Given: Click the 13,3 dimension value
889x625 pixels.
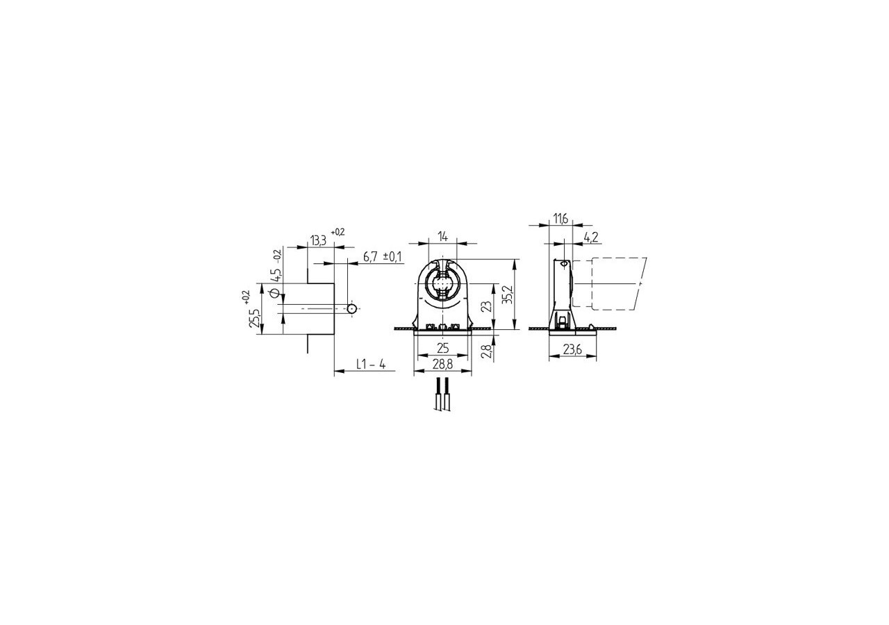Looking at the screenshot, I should coord(318,241).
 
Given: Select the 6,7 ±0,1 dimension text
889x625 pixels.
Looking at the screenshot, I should coord(382,257).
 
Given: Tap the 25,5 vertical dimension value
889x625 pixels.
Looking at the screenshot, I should coord(255,317).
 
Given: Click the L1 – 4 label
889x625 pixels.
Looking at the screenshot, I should coord(371,364).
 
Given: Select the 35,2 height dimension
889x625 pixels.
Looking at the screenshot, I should coord(508,295).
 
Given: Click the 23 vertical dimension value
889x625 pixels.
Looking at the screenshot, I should coord(487,306).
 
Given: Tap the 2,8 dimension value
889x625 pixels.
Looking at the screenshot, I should coord(486,351).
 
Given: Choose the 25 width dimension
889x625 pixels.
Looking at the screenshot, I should coord(442,347).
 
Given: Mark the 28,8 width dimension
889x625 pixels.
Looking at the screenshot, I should coord(442,364).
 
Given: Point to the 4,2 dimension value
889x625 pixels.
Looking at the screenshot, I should coord(590,237).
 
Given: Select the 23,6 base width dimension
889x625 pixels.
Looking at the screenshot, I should coord(572,350).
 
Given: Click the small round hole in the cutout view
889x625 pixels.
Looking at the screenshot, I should coord(352,308).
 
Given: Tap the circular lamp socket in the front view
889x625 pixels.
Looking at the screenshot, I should coord(442,285).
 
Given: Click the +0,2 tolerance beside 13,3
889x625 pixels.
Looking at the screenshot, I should coord(338,232).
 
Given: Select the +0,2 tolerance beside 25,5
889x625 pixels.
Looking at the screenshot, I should coord(246,297).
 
